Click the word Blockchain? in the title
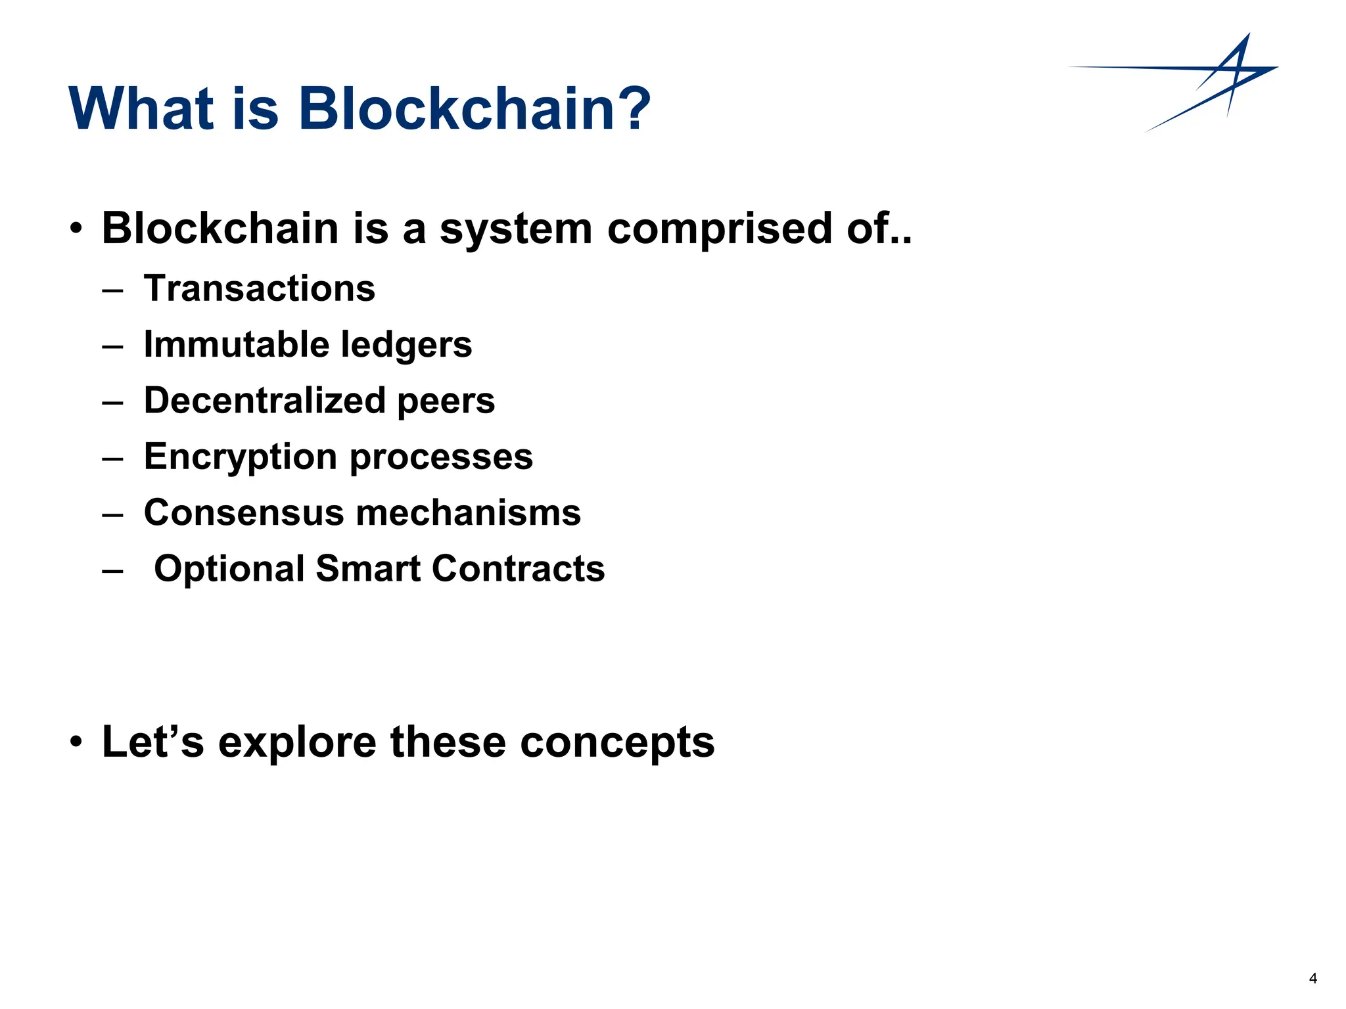click(x=475, y=108)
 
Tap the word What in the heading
click(x=142, y=108)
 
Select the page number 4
click(x=1312, y=979)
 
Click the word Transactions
click(x=260, y=288)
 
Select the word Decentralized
click(x=264, y=400)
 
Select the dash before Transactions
click(x=112, y=290)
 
